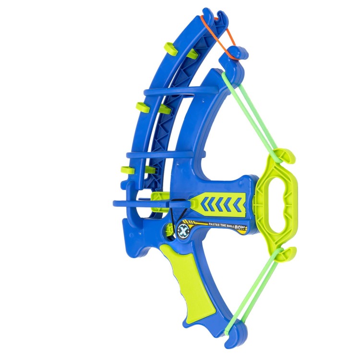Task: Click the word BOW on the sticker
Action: point(241,228)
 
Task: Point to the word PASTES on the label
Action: point(214,224)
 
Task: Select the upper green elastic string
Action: point(250,115)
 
